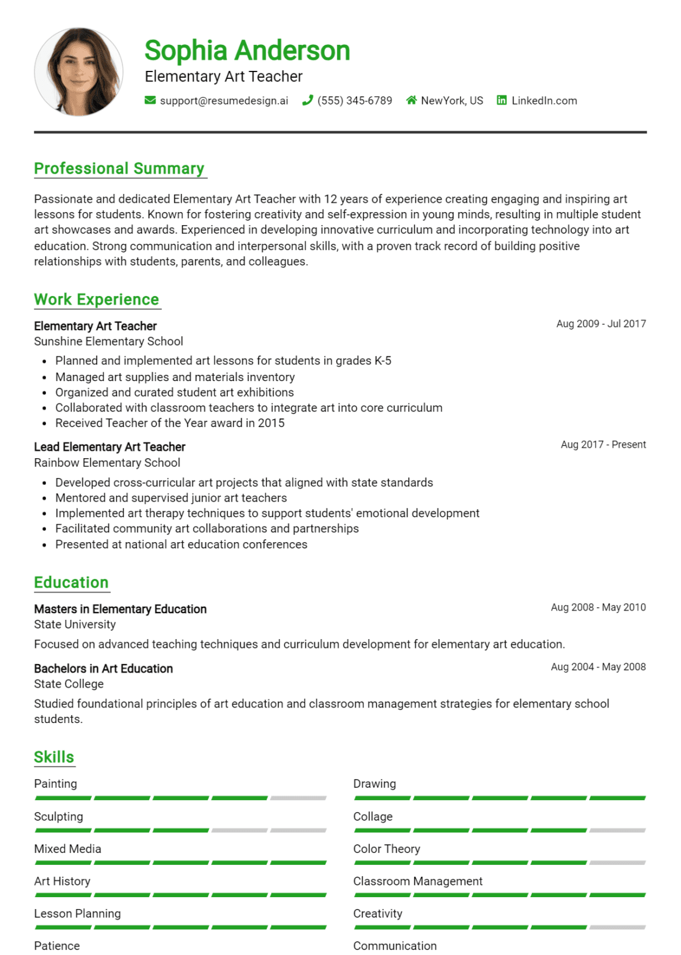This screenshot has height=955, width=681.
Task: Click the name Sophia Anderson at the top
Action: coord(247,51)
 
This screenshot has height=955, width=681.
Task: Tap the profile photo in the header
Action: coord(78,72)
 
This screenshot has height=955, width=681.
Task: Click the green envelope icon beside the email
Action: coord(150,100)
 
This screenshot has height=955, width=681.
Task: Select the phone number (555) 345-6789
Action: coord(354,101)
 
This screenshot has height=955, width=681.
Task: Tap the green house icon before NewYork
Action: coord(411,100)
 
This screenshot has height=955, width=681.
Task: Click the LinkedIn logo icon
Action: coord(501,100)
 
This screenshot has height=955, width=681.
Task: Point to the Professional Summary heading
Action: coord(119,168)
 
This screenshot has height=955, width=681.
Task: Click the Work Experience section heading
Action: coord(96,300)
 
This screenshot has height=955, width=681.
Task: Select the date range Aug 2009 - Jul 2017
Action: coord(601,324)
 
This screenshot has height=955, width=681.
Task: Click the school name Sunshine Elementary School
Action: coord(108,341)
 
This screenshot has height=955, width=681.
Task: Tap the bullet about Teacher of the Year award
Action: coord(170,423)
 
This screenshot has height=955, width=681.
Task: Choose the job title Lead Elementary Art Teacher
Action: coord(109,447)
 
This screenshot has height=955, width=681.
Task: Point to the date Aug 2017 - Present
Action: coord(603,445)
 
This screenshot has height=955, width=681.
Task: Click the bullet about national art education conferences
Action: coord(181,545)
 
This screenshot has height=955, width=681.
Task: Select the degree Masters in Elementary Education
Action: coord(120,609)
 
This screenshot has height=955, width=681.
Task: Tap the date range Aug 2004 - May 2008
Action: coord(598,667)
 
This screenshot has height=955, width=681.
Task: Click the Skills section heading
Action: coord(54,757)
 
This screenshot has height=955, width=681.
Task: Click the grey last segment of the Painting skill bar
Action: coord(298,798)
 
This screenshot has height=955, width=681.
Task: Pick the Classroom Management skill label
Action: coord(417,882)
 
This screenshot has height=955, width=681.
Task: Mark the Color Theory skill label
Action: coord(386,849)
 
